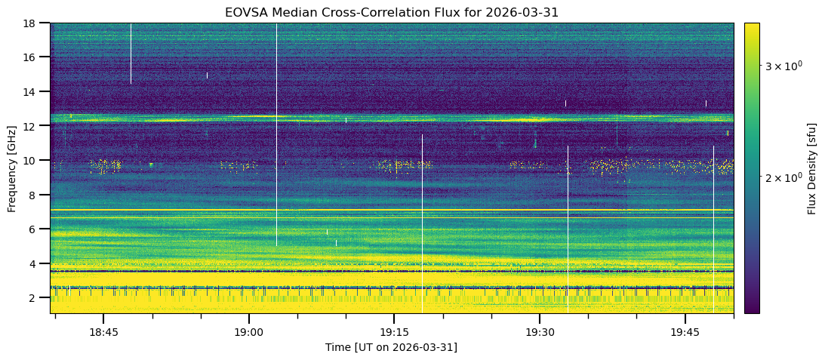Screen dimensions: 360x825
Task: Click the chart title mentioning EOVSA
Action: (x=392, y=13)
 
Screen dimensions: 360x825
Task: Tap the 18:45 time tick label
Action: (x=103, y=333)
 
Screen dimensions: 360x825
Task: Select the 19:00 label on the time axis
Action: (x=248, y=333)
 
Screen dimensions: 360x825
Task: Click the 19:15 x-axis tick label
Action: (x=394, y=333)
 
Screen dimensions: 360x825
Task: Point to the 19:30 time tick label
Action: (x=540, y=333)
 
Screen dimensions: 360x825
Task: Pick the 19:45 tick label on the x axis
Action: (x=685, y=333)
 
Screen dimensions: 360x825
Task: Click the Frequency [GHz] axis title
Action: (x=12, y=168)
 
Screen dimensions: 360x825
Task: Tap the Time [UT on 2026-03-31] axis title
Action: (x=391, y=347)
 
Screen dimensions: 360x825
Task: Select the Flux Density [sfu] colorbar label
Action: (x=812, y=168)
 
